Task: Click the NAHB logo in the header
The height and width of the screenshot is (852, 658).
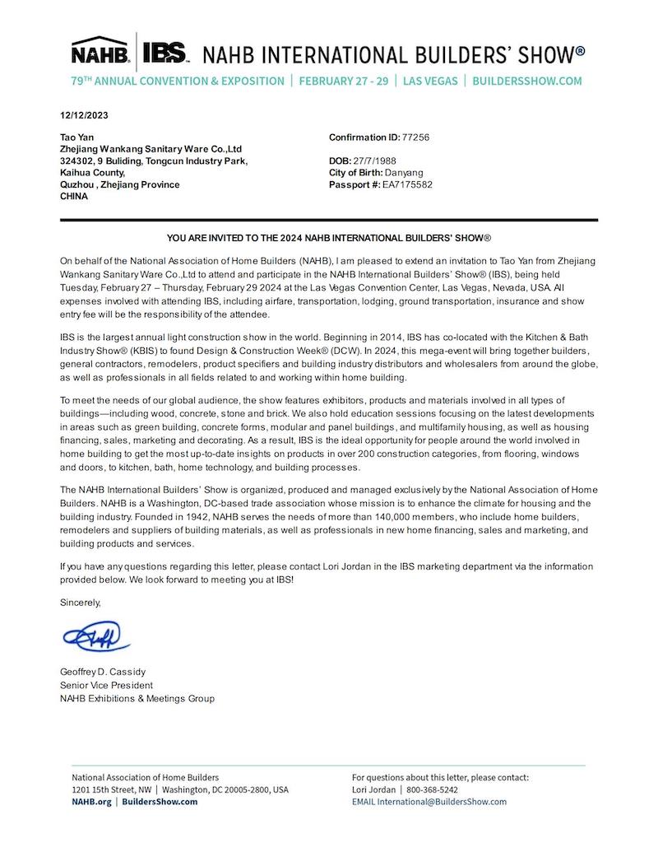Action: [100, 52]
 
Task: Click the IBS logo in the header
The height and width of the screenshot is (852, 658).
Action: [166, 52]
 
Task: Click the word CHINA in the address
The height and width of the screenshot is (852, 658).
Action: [74, 197]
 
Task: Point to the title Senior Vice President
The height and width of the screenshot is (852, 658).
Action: [106, 685]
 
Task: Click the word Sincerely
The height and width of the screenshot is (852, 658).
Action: [81, 603]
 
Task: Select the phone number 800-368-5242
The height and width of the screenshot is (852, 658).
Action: [434, 789]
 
